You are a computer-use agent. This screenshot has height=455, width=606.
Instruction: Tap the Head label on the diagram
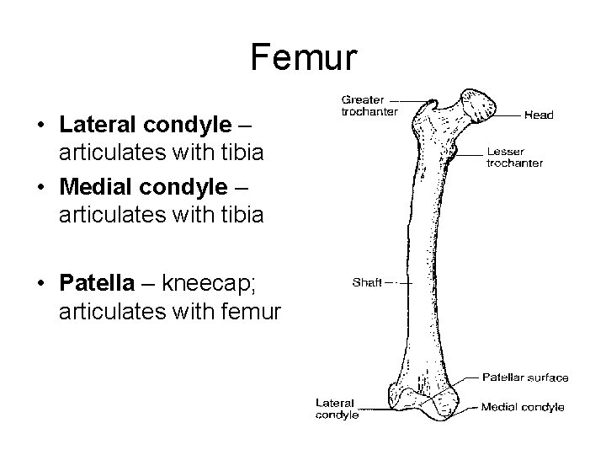pos(540,115)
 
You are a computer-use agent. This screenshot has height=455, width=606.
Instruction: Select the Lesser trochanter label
pos(514,158)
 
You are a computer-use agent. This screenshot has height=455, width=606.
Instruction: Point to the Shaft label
pos(367,283)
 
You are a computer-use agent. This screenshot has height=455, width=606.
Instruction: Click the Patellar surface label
pos(525,377)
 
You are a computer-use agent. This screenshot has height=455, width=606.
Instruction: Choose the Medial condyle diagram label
pos(523,408)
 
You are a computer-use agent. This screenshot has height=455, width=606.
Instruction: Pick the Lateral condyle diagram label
pos(338,409)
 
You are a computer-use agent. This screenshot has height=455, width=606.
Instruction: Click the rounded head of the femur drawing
pos(482,105)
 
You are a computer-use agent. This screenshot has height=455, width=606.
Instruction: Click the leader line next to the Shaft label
pos(397,284)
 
